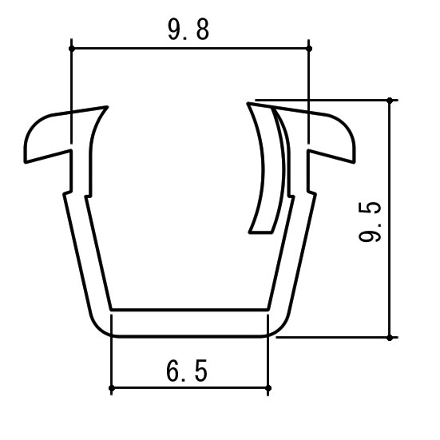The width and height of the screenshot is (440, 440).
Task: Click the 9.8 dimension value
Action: click(188, 31)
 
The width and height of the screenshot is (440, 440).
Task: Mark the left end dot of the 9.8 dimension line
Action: click(72, 49)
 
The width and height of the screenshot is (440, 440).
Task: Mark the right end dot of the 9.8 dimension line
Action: click(309, 49)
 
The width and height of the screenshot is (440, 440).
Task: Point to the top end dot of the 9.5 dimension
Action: click(390, 101)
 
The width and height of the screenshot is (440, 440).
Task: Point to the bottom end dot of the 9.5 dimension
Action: click(390, 337)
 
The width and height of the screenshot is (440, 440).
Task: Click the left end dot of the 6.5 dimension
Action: click(111, 389)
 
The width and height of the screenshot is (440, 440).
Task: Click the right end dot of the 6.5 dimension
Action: click(268, 389)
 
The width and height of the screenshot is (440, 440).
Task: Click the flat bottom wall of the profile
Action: click(188, 323)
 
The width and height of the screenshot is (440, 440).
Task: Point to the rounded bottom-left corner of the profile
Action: click(100, 323)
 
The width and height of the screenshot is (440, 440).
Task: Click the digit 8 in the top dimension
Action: click(204, 31)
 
